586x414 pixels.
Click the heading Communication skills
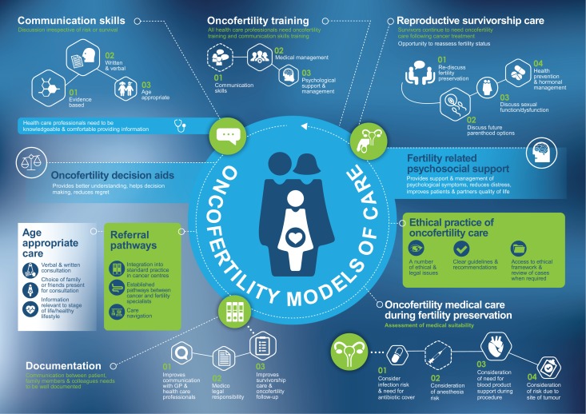(x=70, y=19)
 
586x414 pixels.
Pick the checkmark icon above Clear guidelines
(x=462, y=249)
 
